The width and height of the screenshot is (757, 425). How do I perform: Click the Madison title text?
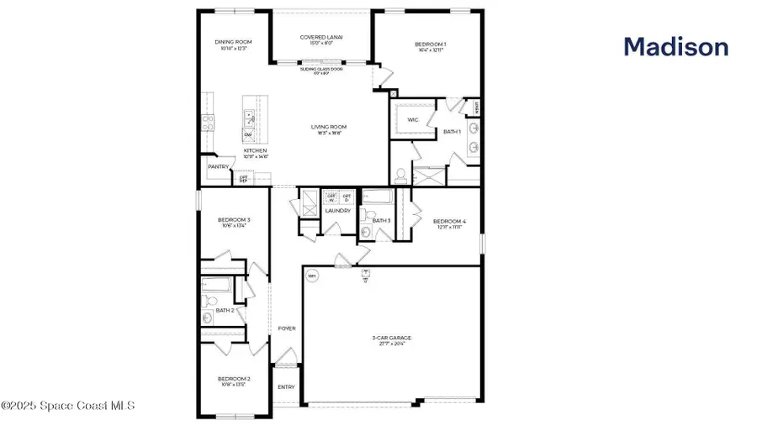click(x=675, y=47)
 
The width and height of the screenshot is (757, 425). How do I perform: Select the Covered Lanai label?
click(x=321, y=38)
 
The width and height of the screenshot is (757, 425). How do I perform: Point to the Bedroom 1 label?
click(x=430, y=44)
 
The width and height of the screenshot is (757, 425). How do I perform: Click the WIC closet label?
click(x=413, y=120)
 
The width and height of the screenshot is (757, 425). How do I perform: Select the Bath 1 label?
click(x=453, y=131)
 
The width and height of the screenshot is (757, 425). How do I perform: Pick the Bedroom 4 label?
click(x=450, y=222)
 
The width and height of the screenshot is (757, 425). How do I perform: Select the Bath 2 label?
click(x=225, y=310)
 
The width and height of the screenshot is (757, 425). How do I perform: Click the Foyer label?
click(x=287, y=328)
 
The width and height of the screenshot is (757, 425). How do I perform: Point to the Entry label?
click(x=287, y=387)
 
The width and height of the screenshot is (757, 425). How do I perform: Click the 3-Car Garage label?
click(x=392, y=338)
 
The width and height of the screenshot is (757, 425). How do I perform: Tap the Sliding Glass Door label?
click(x=320, y=70)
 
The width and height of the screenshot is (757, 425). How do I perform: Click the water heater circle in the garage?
click(x=311, y=275)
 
